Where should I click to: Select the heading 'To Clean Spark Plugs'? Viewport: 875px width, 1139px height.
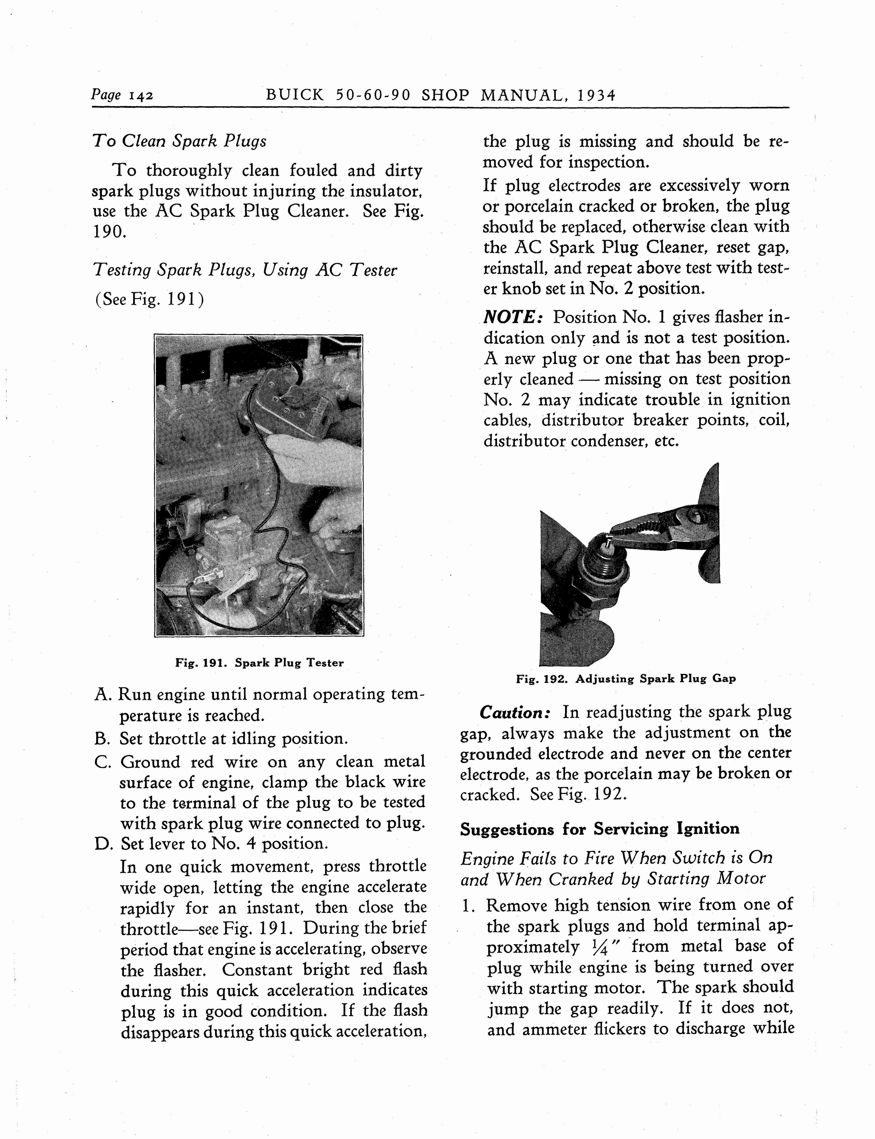(x=179, y=141)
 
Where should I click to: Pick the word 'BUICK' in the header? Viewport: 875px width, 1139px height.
(x=295, y=95)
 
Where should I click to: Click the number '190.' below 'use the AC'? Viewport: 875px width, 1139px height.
(x=109, y=231)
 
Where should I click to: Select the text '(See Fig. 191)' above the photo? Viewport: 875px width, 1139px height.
(x=150, y=300)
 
